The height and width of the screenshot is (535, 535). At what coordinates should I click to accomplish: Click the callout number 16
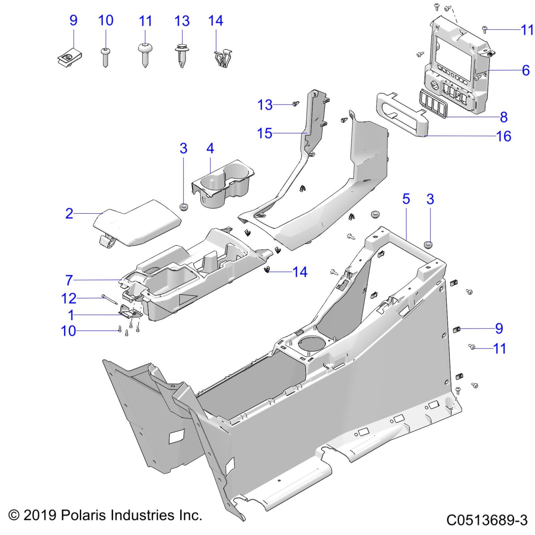pyautogui.click(x=504, y=136)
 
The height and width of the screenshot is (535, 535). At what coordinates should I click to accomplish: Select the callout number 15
pyautogui.click(x=264, y=133)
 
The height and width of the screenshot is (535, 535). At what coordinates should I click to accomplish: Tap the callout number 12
pyautogui.click(x=69, y=298)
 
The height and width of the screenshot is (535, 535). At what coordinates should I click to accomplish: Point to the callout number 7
pyautogui.click(x=69, y=280)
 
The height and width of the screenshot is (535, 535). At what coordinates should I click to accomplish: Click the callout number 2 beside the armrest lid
pyautogui.click(x=69, y=214)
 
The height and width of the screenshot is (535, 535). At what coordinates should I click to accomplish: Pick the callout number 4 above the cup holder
pyautogui.click(x=210, y=149)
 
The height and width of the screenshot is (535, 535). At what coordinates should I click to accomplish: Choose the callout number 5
pyautogui.click(x=406, y=199)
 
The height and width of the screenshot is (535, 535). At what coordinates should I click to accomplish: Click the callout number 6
pyautogui.click(x=526, y=70)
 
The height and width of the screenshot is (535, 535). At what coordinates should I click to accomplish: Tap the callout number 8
pyautogui.click(x=504, y=117)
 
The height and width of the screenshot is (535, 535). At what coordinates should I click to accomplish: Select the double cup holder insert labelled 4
pyautogui.click(x=222, y=184)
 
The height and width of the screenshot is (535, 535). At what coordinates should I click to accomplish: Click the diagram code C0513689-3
pyautogui.click(x=487, y=520)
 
